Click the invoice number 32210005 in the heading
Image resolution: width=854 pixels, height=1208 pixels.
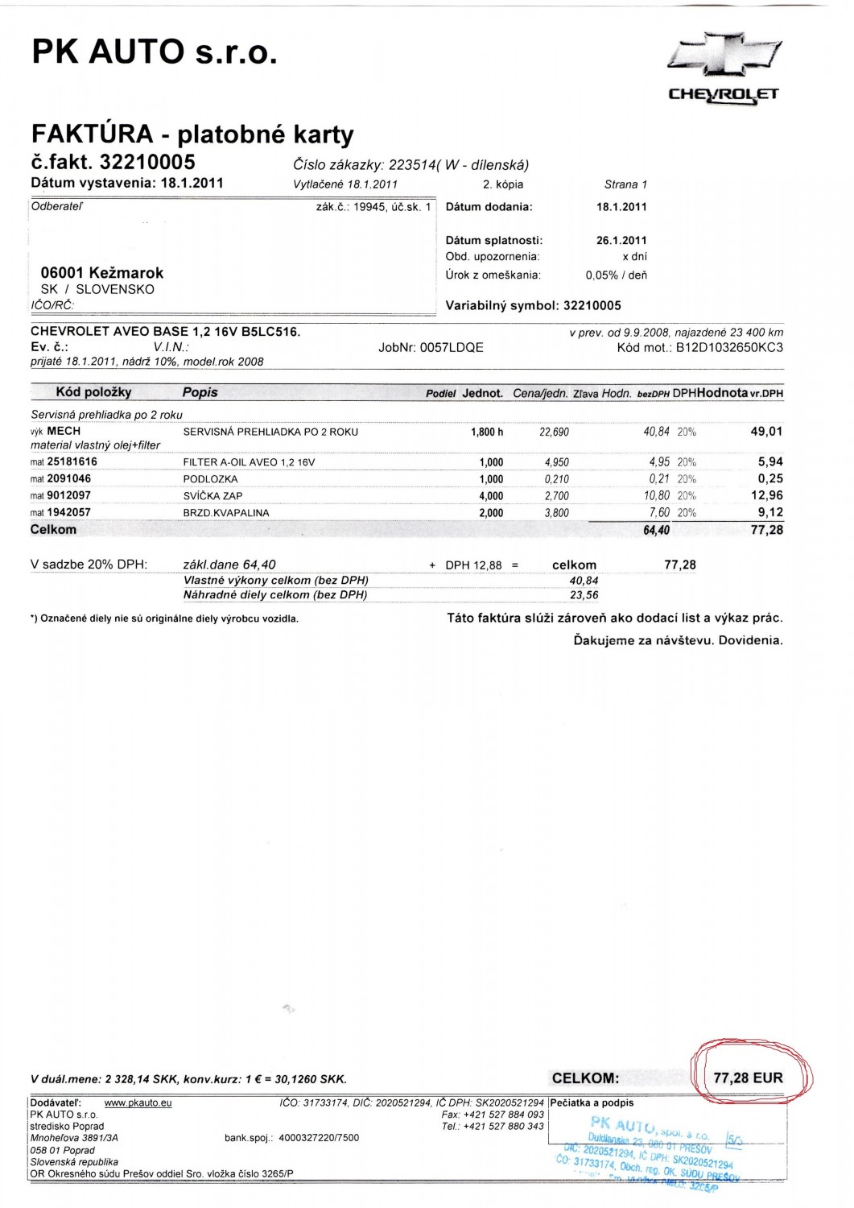point(147,162)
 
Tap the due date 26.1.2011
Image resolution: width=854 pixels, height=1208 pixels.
point(621,240)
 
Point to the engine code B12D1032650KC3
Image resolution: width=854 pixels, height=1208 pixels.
point(729,347)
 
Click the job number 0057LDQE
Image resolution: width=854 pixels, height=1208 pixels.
point(452,347)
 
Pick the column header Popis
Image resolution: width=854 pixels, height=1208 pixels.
point(200,392)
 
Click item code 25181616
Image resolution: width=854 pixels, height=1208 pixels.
point(72,462)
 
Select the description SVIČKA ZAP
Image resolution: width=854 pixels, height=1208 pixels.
point(212,496)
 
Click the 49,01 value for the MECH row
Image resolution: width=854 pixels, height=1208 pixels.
point(766,432)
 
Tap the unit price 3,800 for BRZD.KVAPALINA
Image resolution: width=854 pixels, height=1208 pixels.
point(556,513)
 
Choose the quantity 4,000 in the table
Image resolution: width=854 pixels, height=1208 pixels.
point(491,496)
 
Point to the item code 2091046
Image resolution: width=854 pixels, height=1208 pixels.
point(68,479)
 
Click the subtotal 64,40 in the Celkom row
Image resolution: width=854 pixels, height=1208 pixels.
point(657,530)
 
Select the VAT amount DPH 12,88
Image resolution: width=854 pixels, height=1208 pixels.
point(473,565)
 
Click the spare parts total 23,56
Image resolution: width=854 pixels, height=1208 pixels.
point(584,595)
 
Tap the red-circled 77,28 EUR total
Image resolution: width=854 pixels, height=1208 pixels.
point(748,1078)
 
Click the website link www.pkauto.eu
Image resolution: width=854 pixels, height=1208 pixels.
point(138,1103)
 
